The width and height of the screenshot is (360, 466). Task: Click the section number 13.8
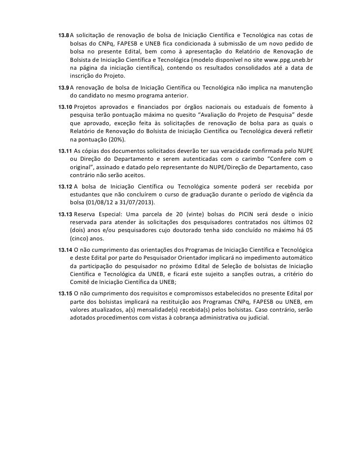click(x=64, y=36)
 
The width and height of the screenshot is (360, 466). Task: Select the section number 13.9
click(x=64, y=87)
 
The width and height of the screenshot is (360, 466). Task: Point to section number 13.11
click(x=65, y=150)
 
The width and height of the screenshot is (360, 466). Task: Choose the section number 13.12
click(x=65, y=186)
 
